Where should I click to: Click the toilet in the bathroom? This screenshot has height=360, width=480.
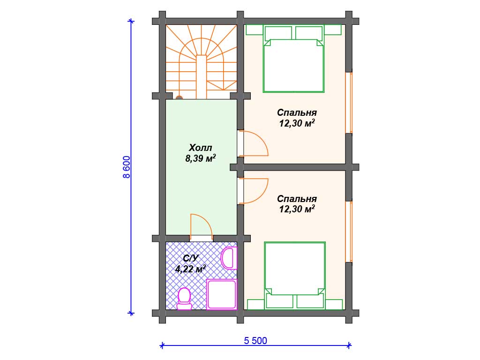(184, 299)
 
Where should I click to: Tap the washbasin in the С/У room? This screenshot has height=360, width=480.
(229, 258)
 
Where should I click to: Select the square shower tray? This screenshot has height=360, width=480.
(222, 294)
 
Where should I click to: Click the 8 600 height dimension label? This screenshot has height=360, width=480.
(127, 167)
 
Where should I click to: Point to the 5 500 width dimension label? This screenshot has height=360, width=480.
(255, 340)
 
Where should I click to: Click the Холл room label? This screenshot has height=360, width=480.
(201, 148)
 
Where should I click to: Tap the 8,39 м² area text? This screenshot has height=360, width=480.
(201, 158)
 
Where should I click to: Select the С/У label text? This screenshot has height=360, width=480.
(190, 258)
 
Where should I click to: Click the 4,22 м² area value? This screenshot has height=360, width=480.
(190, 269)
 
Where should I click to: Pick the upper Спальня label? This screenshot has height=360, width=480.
(297, 112)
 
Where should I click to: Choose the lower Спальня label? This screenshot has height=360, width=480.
(297, 199)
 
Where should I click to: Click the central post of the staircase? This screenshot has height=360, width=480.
(202, 77)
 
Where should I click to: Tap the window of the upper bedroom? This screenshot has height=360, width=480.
(349, 103)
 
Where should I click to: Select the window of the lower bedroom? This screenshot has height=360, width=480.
(349, 232)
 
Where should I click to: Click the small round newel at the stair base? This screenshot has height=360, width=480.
(179, 97)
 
